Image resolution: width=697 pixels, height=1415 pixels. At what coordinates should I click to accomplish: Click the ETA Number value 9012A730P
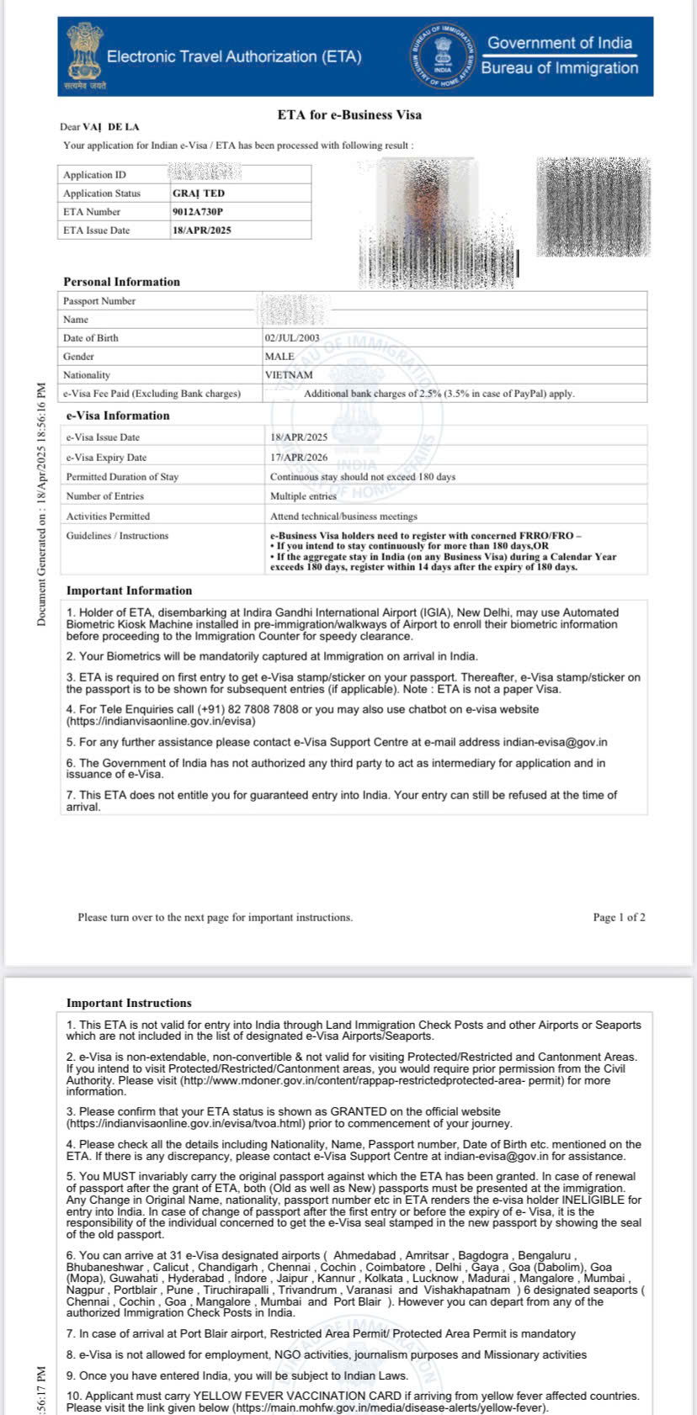(198, 212)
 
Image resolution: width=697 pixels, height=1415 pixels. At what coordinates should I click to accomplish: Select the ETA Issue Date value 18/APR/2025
(202, 231)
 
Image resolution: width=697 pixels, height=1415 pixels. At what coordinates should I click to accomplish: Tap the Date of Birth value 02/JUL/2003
(292, 338)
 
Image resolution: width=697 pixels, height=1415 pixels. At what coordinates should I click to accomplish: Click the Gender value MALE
(279, 357)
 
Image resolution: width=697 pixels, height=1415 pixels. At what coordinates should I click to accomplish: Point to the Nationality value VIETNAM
(289, 375)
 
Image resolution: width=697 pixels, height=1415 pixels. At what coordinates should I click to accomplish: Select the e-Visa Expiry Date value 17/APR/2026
(299, 458)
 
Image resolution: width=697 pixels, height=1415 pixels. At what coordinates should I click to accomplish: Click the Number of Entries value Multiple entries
(303, 496)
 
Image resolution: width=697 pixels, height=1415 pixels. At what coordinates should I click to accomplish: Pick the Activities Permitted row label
(108, 517)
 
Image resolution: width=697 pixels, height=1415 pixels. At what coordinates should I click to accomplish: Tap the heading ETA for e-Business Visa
(349, 115)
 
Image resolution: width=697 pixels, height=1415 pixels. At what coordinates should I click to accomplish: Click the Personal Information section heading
(122, 282)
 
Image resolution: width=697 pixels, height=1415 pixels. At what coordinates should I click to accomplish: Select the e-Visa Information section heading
(118, 416)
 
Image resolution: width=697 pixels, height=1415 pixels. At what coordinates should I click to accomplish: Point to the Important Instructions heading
(129, 1003)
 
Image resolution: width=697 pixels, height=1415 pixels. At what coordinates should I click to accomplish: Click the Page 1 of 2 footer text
(619, 918)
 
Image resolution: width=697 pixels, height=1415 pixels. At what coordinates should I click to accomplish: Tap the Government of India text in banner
(559, 43)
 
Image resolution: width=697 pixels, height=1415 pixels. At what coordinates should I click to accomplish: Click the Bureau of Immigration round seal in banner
(443, 56)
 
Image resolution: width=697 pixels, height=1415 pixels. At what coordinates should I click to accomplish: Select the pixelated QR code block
(593, 207)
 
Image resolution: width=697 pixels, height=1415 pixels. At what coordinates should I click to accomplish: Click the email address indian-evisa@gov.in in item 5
(555, 742)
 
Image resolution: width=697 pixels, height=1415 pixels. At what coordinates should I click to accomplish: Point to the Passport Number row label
(99, 301)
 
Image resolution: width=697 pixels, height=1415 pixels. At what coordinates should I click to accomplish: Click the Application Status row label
(102, 193)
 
